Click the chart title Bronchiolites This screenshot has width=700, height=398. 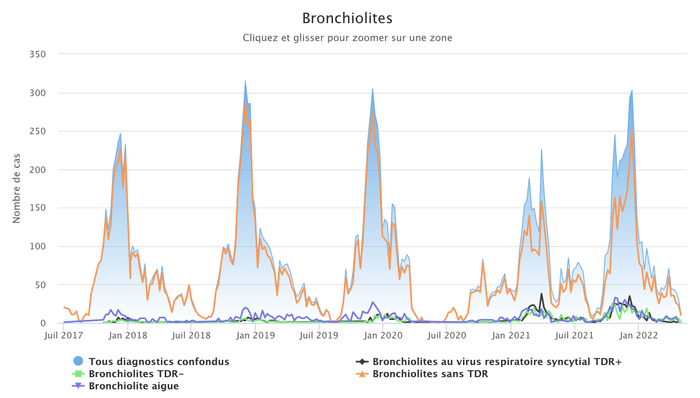[x=347, y=19]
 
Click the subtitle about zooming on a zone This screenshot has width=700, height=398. [x=347, y=38]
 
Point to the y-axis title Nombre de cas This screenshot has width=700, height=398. [x=17, y=189]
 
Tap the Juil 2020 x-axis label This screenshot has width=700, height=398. [x=446, y=335]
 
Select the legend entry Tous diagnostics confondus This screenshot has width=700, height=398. [x=159, y=362]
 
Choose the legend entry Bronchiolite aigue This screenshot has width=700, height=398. [x=134, y=386]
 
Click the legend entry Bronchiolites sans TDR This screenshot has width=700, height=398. [x=430, y=374]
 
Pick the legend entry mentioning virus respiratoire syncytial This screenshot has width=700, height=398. [x=497, y=362]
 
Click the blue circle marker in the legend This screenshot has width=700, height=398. [x=79, y=362]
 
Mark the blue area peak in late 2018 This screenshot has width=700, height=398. [x=245, y=82]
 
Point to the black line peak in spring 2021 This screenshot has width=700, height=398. [x=542, y=294]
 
